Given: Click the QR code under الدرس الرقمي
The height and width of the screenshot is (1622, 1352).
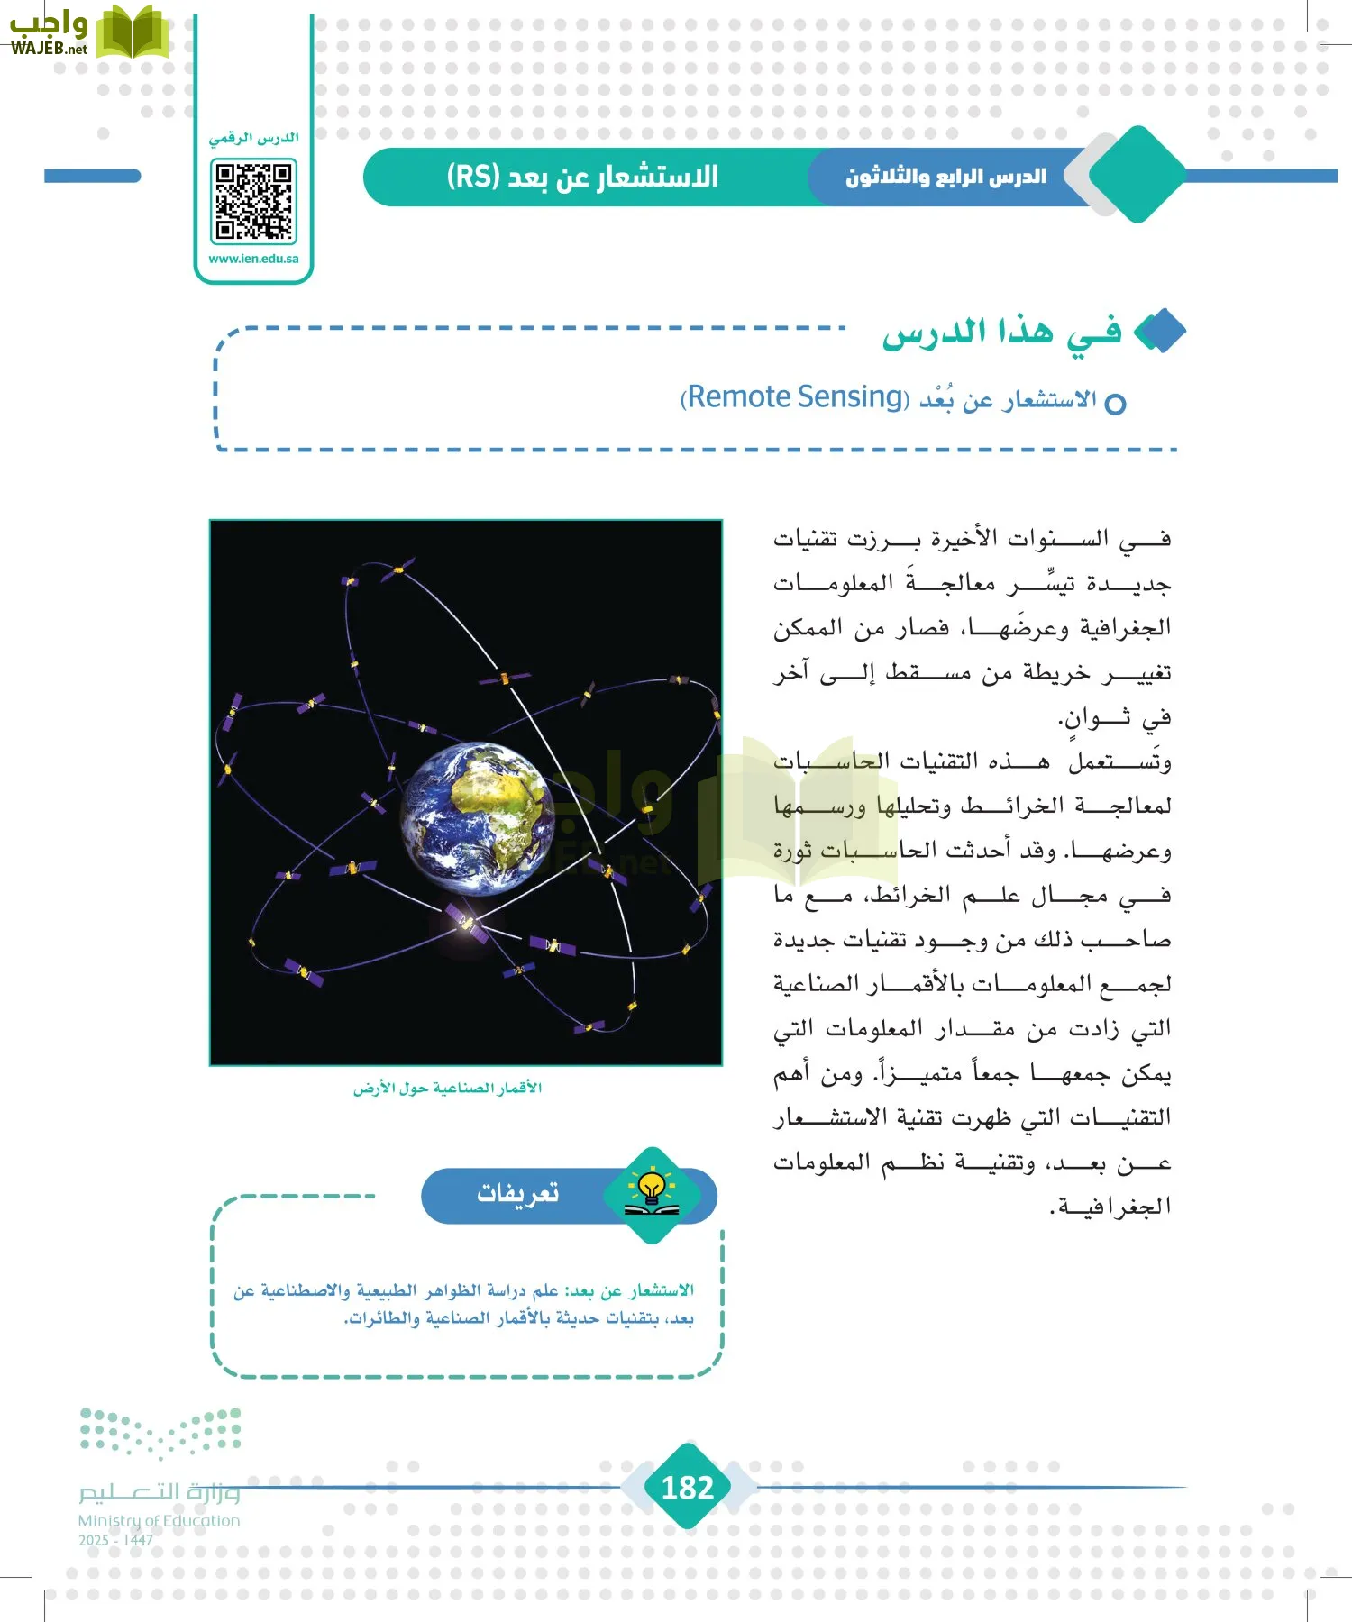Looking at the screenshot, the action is coord(253,202).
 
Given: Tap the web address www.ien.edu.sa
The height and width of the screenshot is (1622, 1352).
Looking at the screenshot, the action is coord(253,259).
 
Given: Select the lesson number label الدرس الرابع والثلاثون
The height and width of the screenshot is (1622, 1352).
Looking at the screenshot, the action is coord(945,177).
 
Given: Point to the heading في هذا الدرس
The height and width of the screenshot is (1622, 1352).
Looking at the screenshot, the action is coord(1000,333).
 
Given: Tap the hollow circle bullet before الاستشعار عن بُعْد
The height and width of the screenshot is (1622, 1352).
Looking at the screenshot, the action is coord(1115,404).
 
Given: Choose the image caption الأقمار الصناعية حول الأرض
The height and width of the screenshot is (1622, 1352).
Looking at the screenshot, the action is coord(447,1089).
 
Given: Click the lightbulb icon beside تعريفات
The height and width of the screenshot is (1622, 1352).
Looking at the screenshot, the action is coord(651,1191).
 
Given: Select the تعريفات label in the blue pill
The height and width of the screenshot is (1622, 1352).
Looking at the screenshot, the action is coord(517,1193).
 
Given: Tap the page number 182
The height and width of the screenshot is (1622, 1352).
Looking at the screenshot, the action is coord(687,1487).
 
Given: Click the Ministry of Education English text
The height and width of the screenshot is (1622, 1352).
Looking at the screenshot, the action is coord(159,1520).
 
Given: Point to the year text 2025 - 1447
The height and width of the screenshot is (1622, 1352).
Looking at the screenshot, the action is coord(115,1540).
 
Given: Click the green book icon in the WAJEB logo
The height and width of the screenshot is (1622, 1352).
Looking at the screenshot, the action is coord(132,32).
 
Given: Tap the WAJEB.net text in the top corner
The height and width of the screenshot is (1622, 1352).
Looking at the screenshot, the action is coord(49,49).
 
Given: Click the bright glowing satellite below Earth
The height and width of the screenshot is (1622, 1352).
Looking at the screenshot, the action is coord(465,921).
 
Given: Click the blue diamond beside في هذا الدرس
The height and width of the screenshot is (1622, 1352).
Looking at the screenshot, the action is coord(1160,332).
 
